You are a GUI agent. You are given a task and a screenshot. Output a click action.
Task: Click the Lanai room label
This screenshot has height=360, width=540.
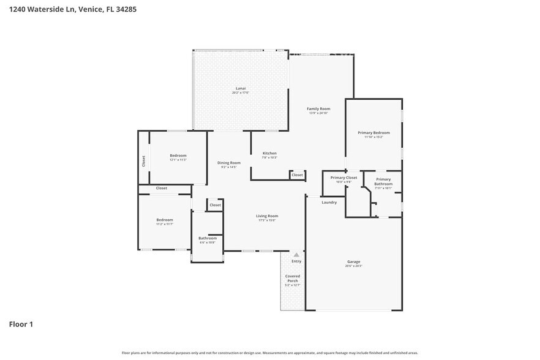click(x=241, y=88)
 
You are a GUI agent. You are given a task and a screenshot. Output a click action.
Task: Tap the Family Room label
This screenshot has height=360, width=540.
click(x=318, y=109)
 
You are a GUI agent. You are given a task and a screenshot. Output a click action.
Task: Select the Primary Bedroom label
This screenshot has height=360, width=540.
click(x=373, y=132)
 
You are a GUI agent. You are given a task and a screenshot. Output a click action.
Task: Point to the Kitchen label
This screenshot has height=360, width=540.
click(x=269, y=153)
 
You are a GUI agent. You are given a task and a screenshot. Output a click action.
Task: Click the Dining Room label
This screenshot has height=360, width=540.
click(x=230, y=163)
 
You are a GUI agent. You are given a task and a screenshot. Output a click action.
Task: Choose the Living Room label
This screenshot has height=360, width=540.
click(x=267, y=216)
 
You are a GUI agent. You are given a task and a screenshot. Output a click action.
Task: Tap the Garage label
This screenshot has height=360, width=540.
click(x=354, y=261)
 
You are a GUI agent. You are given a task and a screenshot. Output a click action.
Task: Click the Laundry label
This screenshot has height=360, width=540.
click(x=329, y=202)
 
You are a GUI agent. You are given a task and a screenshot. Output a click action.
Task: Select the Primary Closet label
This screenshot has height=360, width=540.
click(x=343, y=178)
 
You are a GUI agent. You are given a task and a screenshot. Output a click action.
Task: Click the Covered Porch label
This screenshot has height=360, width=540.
click(x=293, y=279)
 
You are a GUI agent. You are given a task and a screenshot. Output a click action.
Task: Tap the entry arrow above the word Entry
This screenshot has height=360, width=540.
click(x=296, y=254)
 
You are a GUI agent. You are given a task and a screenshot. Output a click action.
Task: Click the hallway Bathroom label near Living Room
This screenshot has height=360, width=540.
click(x=208, y=238)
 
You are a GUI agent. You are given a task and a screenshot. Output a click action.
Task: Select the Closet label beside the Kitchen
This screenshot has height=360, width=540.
click(x=297, y=175)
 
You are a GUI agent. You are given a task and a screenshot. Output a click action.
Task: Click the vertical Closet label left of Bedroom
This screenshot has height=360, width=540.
click(x=143, y=161)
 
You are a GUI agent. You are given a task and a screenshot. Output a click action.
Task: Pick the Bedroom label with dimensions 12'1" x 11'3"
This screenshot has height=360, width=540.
click(x=178, y=156)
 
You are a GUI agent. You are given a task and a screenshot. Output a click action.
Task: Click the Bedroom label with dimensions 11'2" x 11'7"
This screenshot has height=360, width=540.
click(x=164, y=220)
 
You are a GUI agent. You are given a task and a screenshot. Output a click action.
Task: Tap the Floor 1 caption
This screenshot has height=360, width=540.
click(x=21, y=324)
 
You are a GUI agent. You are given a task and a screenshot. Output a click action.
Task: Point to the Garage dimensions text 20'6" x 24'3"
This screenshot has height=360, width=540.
click(x=354, y=266)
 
